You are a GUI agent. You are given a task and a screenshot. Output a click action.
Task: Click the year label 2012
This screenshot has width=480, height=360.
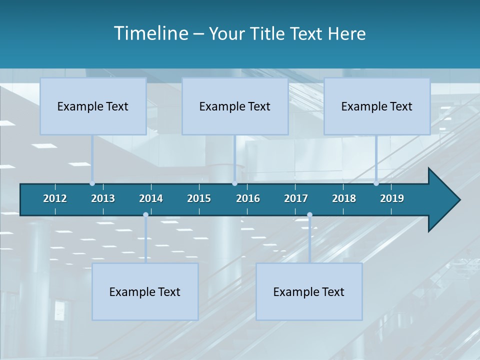tap(55, 198)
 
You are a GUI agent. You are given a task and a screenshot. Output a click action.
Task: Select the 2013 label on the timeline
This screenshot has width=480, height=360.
tap(103, 198)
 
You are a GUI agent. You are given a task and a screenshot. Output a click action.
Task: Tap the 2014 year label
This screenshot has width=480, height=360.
tap(151, 198)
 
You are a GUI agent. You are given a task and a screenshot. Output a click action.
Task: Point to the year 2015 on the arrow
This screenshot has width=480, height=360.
tap(199, 198)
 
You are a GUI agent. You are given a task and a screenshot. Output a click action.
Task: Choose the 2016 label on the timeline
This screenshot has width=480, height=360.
tap(248, 198)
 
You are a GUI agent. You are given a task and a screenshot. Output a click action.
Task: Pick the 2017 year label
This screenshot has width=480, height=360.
tap(296, 198)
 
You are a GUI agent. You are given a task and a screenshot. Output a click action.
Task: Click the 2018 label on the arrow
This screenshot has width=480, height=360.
tap(344, 198)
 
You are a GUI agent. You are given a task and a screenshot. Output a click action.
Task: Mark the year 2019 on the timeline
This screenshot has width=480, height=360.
tap(392, 198)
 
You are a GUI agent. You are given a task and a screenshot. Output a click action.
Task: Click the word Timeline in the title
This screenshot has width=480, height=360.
tap(151, 33)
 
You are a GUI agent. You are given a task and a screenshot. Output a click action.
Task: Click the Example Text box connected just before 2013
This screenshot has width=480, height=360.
tap(93, 106)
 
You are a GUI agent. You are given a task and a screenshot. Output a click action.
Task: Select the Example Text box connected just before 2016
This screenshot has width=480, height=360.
tap(235, 106)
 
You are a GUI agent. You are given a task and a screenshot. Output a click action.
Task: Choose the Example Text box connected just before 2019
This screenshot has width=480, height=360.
tap(377, 106)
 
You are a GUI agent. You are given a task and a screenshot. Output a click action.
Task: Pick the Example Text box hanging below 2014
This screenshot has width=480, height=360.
tap(145, 292)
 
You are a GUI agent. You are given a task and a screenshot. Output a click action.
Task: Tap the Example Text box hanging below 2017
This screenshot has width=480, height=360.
tap(309, 292)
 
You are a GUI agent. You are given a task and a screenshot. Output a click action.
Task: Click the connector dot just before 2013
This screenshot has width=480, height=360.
tap(92, 183)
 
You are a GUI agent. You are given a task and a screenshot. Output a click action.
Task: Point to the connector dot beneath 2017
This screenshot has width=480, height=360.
tap(309, 215)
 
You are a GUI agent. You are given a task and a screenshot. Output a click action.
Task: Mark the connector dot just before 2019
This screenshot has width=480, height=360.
tap(376, 183)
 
